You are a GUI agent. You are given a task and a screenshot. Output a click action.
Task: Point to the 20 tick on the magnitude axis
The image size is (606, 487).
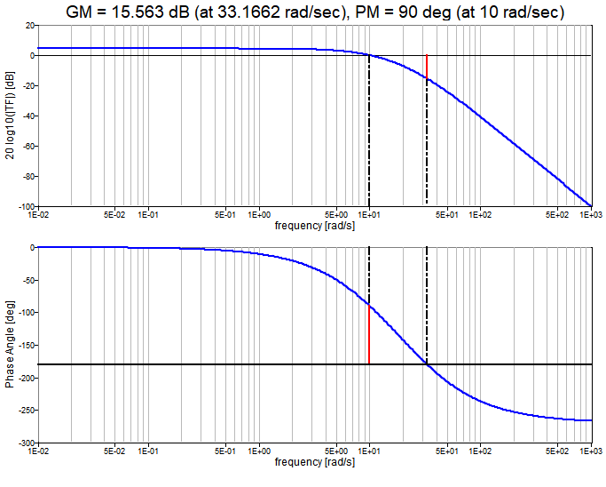[x=28, y=26]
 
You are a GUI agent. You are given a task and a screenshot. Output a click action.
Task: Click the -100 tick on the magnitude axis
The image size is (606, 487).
[x=24, y=206]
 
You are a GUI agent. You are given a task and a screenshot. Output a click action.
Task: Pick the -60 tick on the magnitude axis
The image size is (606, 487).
[x=26, y=146]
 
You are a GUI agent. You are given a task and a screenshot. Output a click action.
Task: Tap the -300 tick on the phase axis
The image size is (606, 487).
[x=24, y=443]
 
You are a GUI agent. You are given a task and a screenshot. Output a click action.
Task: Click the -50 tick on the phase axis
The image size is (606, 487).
[x=26, y=280]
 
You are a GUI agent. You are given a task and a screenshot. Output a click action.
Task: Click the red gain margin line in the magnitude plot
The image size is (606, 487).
[x=427, y=68]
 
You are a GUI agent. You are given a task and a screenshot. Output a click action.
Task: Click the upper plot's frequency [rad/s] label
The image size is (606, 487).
[x=314, y=226]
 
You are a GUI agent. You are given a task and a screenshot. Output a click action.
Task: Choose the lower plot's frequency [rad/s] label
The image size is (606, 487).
[x=314, y=462]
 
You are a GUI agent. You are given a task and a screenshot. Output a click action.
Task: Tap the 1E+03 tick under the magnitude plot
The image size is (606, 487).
[x=590, y=214]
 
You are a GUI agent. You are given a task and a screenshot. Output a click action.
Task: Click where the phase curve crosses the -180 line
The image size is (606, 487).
[x=427, y=364]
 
